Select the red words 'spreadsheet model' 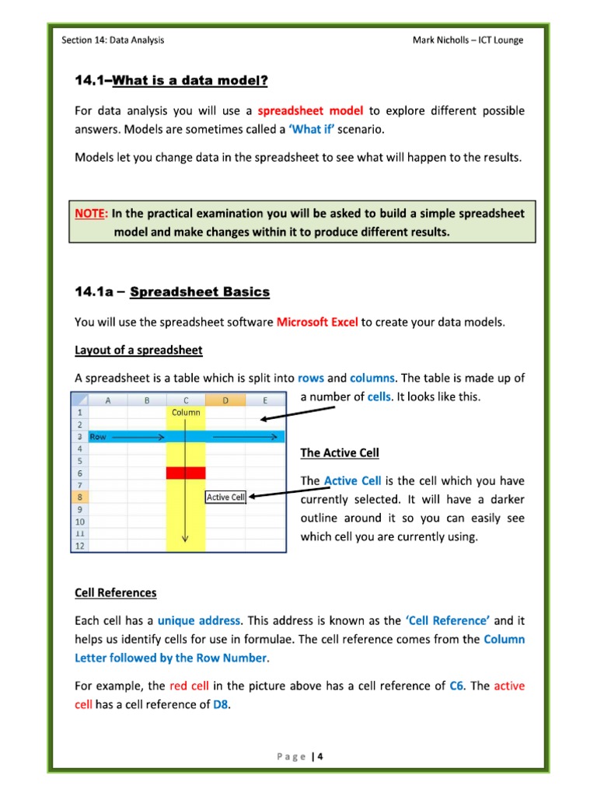pyautogui.click(x=310, y=110)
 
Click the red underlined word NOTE pyautogui.click(x=91, y=213)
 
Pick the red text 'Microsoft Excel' pyautogui.click(x=317, y=322)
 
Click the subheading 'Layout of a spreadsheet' pyautogui.click(x=138, y=350)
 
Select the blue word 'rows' pyautogui.click(x=310, y=379)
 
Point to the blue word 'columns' pyautogui.click(x=372, y=379)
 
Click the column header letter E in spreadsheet pyautogui.click(x=265, y=400)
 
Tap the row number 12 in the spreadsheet pyautogui.click(x=79, y=546)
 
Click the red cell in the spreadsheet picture pyautogui.click(x=186, y=473)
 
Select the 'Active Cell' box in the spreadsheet pyautogui.click(x=225, y=497)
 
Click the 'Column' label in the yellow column pyautogui.click(x=186, y=413)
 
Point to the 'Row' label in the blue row pyautogui.click(x=99, y=437)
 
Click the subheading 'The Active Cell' pyautogui.click(x=340, y=452)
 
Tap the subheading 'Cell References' pyautogui.click(x=115, y=592)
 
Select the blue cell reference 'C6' pyautogui.click(x=457, y=686)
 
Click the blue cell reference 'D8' pyautogui.click(x=222, y=704)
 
